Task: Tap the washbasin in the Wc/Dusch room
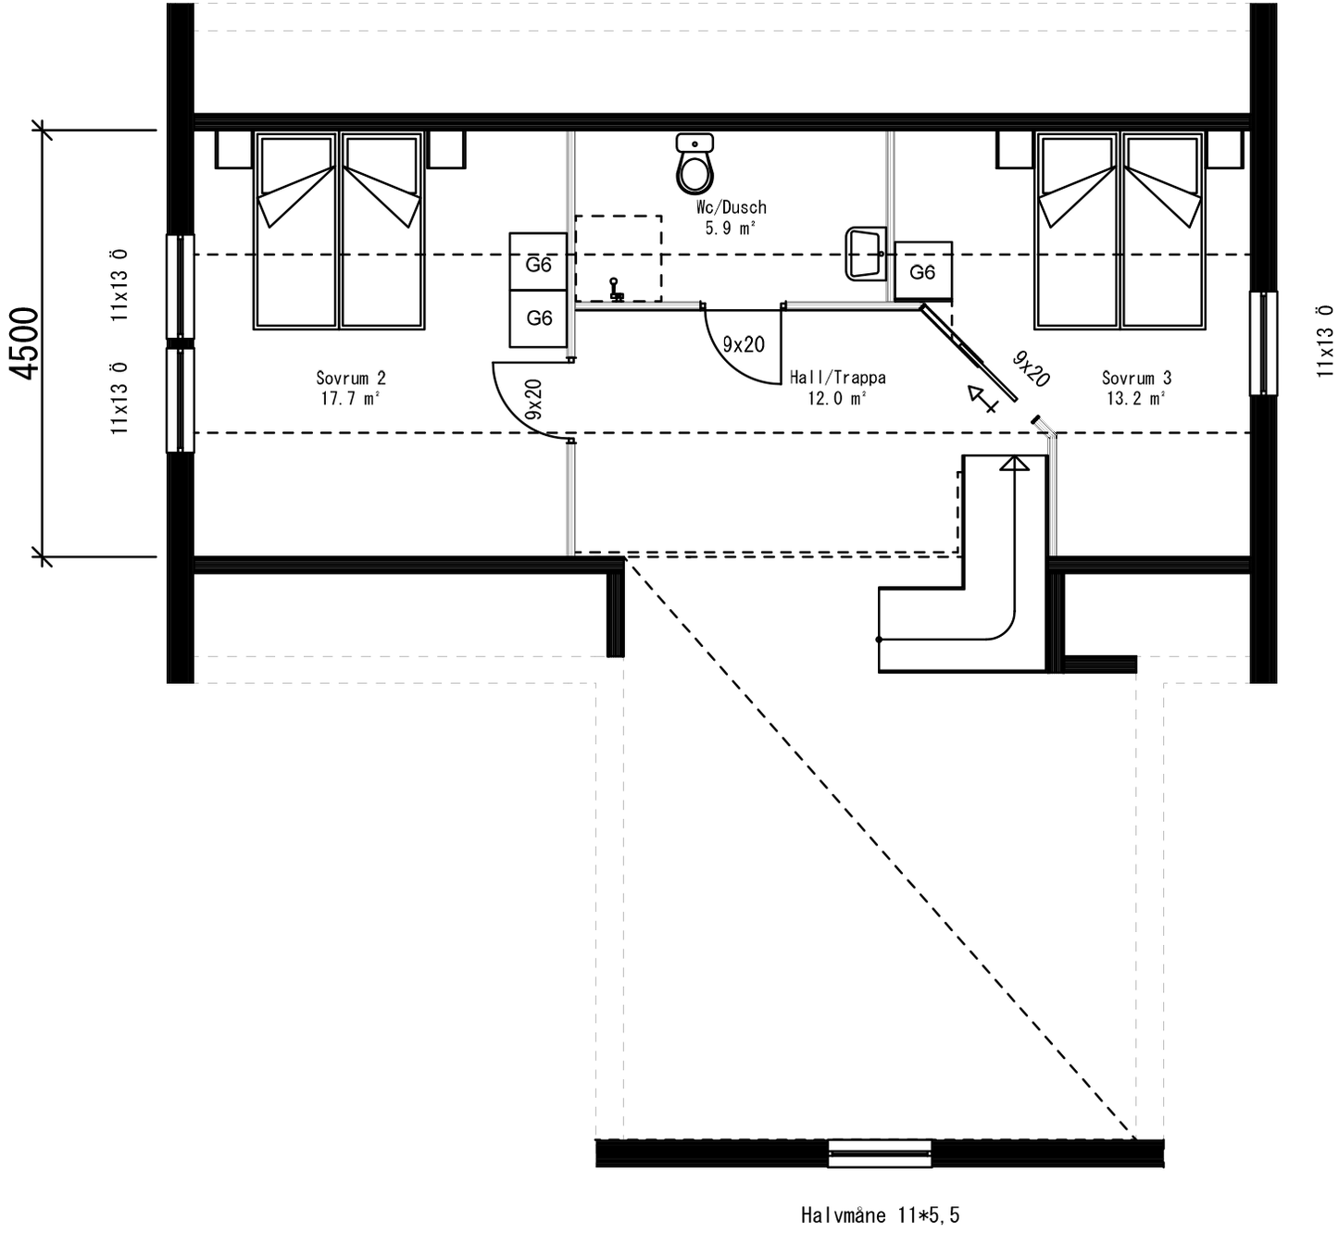865,254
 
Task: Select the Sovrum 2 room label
350,388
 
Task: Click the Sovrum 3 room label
1136,388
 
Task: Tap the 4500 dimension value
26,342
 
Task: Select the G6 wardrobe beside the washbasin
922,271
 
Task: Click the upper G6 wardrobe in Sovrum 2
538,265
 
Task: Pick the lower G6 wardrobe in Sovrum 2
538,318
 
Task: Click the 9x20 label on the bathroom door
744,344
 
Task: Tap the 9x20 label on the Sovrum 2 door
533,400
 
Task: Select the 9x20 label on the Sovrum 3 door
1030,369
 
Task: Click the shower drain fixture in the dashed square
615,290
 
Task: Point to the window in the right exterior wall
1263,343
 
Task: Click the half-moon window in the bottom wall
879,1152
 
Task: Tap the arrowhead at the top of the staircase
1015,462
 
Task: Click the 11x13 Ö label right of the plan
1325,341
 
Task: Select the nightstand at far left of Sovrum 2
234,150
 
